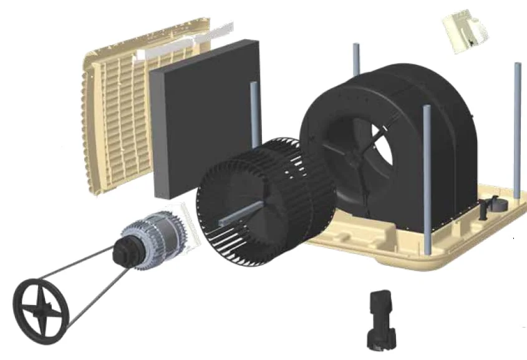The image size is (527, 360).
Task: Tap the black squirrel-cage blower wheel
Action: (262, 200)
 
